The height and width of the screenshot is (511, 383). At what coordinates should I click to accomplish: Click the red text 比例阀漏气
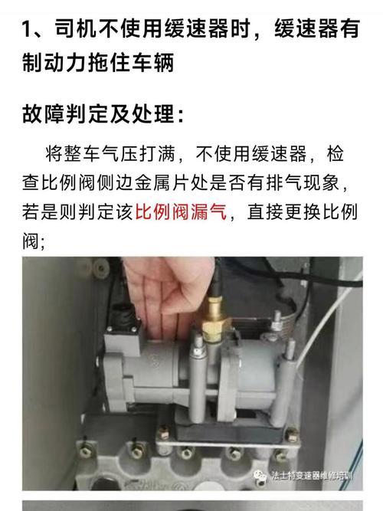pos(180,213)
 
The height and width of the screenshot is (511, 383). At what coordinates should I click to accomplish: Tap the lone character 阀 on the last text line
pos(31,241)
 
